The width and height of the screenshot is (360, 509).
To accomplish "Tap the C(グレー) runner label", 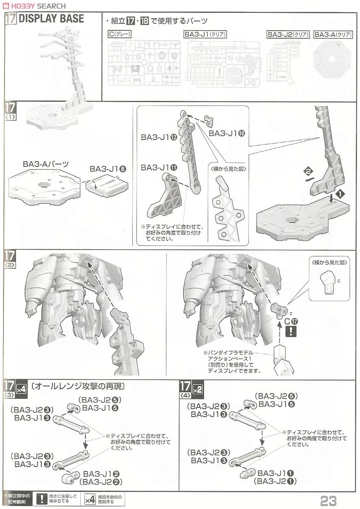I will (120, 34).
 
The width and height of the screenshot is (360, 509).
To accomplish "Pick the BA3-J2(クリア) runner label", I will (287, 34).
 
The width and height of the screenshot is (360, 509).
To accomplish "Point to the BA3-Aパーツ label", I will (46, 164).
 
